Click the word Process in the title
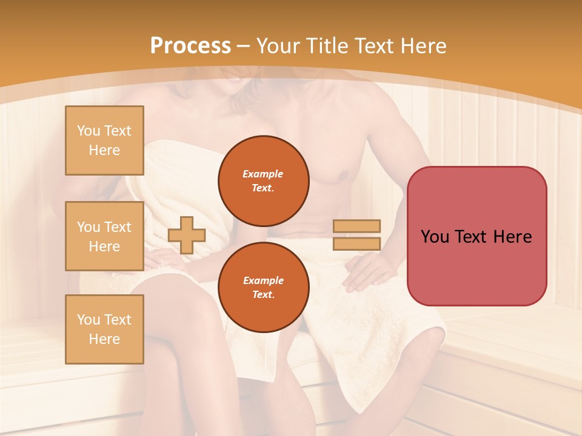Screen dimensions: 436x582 (190, 46)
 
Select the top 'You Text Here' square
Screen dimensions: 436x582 (104, 140)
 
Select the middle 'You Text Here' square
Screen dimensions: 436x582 (104, 236)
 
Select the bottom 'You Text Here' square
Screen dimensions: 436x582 (104, 329)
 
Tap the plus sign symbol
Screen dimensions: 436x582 (187, 235)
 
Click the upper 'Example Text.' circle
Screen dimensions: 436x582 (263, 181)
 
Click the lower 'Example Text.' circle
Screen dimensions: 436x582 (263, 287)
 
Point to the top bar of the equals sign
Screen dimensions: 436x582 (356, 226)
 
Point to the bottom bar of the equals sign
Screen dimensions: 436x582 (356, 243)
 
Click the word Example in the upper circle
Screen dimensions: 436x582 (263, 174)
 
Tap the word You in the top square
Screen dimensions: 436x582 (89, 131)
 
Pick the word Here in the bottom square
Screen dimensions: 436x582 (104, 339)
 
